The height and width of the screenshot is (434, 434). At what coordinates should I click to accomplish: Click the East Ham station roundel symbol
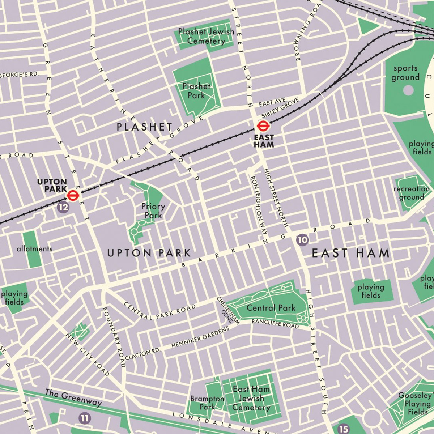[x=262, y=126]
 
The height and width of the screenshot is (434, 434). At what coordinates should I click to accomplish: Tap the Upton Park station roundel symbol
[x=73, y=196]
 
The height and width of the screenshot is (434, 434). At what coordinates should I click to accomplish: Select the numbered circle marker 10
[x=302, y=239]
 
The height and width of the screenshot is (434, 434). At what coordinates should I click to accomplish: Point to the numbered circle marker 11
[x=84, y=418]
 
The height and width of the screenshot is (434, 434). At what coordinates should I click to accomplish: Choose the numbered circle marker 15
[x=343, y=429]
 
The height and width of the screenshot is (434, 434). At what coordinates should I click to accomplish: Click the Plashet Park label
[x=196, y=91]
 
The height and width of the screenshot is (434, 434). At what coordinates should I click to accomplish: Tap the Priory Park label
[x=153, y=211]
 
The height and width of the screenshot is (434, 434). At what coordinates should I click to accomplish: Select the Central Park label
[x=271, y=308]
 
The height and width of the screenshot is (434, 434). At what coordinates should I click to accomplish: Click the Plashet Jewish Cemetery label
[x=206, y=36]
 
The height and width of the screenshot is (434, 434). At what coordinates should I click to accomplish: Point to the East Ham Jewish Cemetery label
[x=251, y=398]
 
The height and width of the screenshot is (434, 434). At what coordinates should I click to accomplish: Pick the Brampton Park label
[x=207, y=403]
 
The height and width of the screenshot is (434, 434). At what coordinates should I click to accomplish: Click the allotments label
[x=34, y=249]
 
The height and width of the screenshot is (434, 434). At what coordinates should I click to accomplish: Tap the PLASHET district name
[x=145, y=127]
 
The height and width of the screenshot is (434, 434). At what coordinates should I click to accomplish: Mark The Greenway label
[x=73, y=397]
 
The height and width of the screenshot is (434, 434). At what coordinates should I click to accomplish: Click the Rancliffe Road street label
[x=275, y=323]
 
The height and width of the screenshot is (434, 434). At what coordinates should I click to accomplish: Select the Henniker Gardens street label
[x=200, y=337]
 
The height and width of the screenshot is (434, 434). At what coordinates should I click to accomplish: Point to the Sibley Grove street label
[x=280, y=107]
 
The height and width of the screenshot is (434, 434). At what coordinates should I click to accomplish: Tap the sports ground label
[x=405, y=73]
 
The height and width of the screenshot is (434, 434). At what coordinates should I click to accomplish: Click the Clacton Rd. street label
[x=142, y=354]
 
